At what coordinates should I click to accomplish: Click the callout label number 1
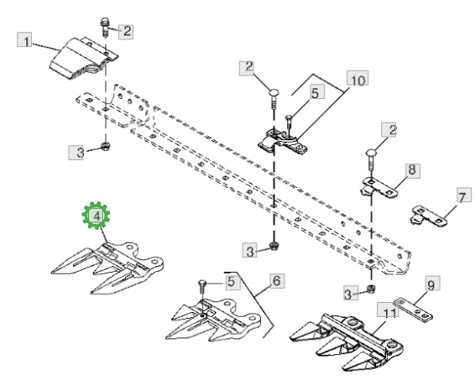24,39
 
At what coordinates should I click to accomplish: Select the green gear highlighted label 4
96,216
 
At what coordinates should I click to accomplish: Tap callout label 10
358,79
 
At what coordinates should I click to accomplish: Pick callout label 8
412,171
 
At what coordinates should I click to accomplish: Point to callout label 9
431,284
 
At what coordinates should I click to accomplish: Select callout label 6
277,281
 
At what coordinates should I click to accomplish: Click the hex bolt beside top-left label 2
105,27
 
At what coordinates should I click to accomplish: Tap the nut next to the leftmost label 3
106,145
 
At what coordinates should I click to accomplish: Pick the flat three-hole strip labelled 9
413,310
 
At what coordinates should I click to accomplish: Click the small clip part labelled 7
429,216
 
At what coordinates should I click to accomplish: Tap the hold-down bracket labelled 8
379,188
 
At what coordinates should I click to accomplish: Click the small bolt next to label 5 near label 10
289,124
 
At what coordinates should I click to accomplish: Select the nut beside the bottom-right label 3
370,289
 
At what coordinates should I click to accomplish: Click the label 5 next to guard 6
231,281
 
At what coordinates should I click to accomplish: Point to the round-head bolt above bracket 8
371,159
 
